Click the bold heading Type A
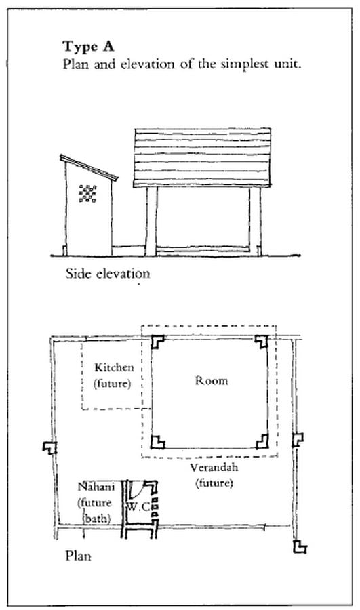[x=88, y=47]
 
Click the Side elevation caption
[x=108, y=274]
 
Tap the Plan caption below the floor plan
[x=78, y=556]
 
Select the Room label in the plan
[x=212, y=380]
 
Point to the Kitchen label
[x=114, y=367]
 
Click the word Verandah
[x=214, y=467]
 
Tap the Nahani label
[x=96, y=487]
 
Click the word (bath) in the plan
[x=97, y=518]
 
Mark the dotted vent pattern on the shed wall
[x=88, y=193]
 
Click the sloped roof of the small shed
[x=89, y=167]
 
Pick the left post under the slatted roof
[x=151, y=221]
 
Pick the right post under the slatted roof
[x=256, y=221]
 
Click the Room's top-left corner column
[x=157, y=342]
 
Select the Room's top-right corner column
[x=262, y=341]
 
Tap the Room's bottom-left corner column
[x=157, y=442]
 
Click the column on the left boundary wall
[x=49, y=448]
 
